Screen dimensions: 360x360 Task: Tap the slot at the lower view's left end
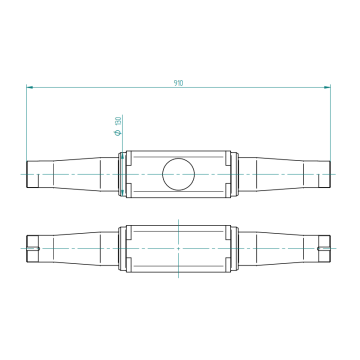(32, 246)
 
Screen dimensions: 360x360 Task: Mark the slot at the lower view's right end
(323, 246)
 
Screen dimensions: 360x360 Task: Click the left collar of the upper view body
(123, 173)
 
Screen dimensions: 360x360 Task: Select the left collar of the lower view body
(123, 246)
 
